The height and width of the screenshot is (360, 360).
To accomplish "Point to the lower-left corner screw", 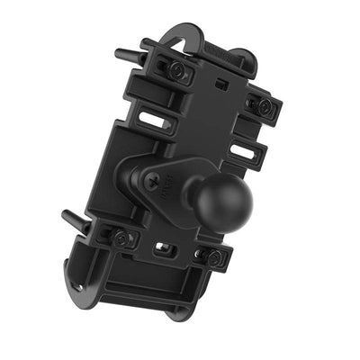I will click(123, 238).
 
